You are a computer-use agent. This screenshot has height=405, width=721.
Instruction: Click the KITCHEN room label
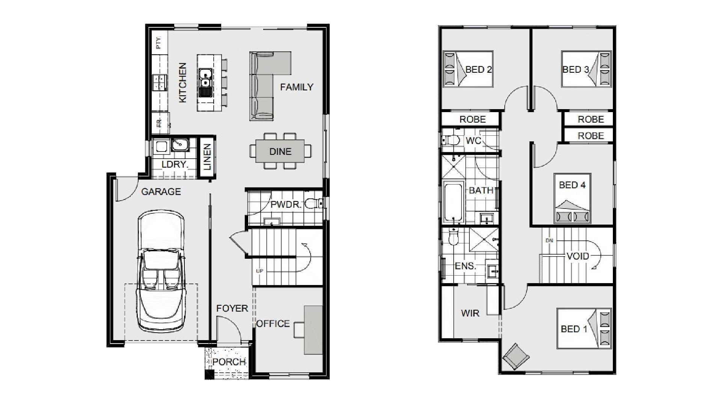click(183, 82)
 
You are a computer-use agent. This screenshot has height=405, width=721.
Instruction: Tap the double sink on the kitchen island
click(205, 78)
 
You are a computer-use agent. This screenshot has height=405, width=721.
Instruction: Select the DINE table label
click(280, 151)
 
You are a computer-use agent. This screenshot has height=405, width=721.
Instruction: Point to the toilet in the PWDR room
click(313, 204)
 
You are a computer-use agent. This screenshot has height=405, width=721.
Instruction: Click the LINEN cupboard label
click(207, 157)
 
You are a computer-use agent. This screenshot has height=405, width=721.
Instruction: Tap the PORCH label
click(229, 362)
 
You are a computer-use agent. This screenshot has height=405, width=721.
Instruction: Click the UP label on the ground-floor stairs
click(259, 271)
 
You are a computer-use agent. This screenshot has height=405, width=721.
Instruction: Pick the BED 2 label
click(478, 69)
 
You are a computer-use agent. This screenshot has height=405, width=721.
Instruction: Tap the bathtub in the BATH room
click(454, 202)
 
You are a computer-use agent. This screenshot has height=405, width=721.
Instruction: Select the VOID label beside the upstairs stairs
click(578, 256)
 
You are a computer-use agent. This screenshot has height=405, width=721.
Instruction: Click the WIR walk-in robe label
click(470, 313)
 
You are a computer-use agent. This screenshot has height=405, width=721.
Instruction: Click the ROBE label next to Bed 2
click(472, 119)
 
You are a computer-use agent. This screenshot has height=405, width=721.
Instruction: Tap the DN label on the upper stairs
click(549, 241)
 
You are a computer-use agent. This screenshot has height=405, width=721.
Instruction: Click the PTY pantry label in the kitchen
click(159, 43)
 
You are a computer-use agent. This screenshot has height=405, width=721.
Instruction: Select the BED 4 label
click(572, 185)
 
